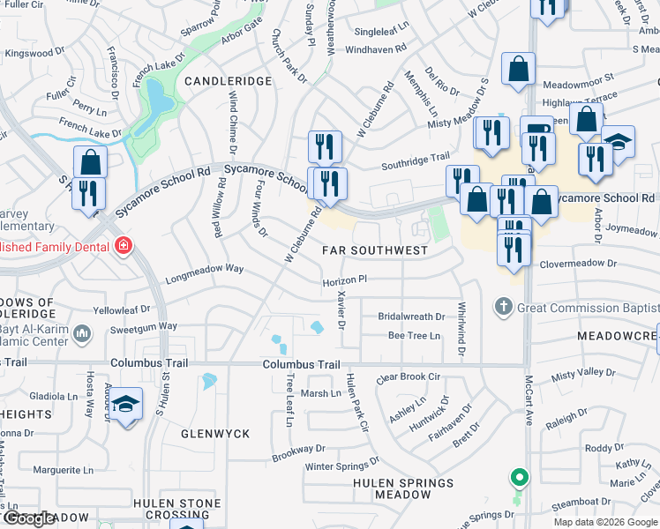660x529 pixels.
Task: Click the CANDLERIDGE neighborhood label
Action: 228,81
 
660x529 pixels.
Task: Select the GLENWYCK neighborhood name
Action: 215,434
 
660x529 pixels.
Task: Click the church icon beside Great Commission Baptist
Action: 503,307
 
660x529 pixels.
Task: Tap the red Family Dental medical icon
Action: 123,246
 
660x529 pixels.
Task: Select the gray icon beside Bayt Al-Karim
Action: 83,333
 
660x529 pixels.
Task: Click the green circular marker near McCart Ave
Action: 520,479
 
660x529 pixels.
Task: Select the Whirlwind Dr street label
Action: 461,329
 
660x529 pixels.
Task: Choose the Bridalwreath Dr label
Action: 411,317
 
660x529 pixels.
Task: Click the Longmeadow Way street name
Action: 204,268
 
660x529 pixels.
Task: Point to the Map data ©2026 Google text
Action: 605,522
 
